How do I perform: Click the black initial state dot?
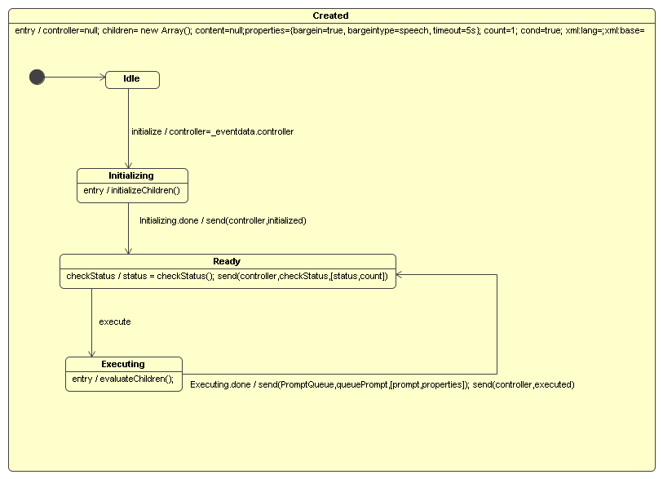tap(37, 78)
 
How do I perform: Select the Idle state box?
tap(132, 79)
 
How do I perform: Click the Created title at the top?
tap(330, 16)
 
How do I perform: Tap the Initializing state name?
tap(131, 175)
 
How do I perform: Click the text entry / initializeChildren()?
tap(131, 192)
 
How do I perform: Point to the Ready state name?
tap(227, 261)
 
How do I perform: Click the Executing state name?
tap(123, 364)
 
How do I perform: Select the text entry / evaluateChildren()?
tap(123, 379)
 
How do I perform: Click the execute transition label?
tap(115, 322)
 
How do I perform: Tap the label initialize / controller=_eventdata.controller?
tap(212, 131)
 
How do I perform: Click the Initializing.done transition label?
tap(223, 220)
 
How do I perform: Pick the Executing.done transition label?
tap(382, 384)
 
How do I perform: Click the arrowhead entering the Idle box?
tap(102, 78)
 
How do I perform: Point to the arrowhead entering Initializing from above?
tap(128, 164)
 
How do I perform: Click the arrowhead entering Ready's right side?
tap(400, 275)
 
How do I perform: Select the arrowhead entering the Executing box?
tap(91, 353)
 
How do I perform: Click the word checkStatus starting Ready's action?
tap(91, 277)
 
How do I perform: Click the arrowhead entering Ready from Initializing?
tap(128, 250)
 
